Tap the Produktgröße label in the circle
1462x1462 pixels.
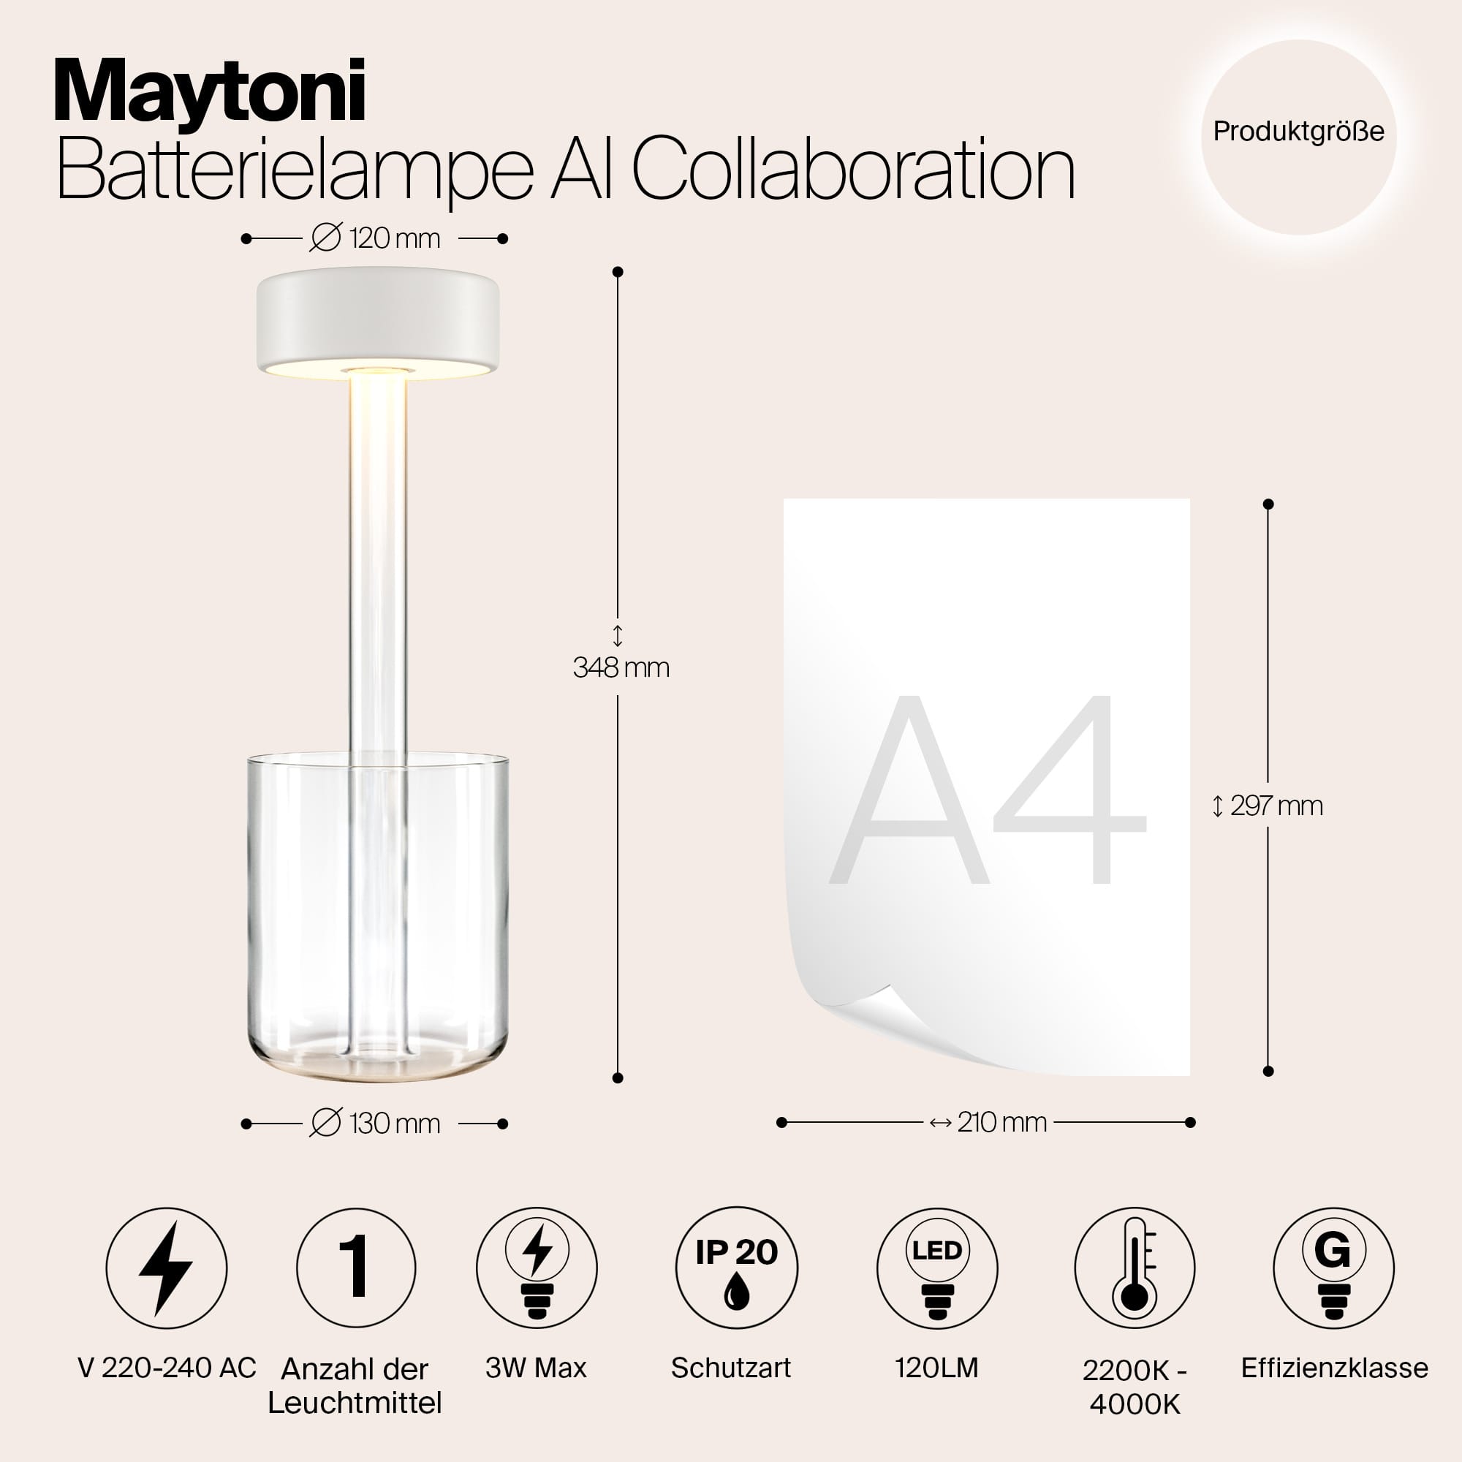1298,132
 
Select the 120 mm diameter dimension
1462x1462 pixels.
374,238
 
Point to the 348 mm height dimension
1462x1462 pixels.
621,667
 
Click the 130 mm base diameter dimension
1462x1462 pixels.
374,1124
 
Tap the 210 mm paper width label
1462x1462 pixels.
988,1122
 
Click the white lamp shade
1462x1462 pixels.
378,324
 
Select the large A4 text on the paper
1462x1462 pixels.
988,791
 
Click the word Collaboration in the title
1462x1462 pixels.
854,170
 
